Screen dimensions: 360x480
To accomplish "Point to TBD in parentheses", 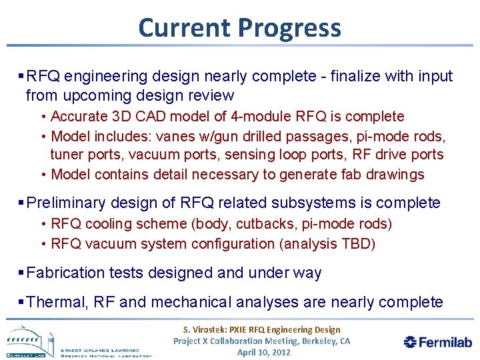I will point(357,244).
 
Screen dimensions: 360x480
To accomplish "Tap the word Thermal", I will point(57,302).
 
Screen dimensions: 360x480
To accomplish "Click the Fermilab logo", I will point(438,342).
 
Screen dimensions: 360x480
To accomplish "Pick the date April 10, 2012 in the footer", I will point(264,352).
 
